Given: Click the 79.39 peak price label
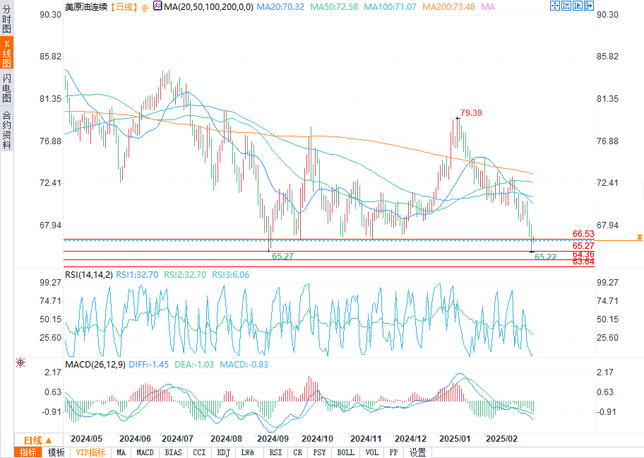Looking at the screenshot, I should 472,112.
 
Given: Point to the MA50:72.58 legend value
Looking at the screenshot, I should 335,6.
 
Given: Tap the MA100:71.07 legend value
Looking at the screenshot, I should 392,6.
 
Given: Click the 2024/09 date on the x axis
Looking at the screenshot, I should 272,438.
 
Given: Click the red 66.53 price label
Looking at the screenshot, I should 583,233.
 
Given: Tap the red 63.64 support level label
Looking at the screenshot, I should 583,262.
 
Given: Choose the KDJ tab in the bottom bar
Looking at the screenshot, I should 223,452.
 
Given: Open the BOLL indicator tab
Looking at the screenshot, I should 345,452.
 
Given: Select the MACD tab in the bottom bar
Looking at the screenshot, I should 145,452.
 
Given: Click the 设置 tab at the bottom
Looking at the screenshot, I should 418,452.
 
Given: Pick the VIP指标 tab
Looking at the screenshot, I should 90,452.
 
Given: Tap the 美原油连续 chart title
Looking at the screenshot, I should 85,6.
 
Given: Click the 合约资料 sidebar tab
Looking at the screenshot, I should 7,130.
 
